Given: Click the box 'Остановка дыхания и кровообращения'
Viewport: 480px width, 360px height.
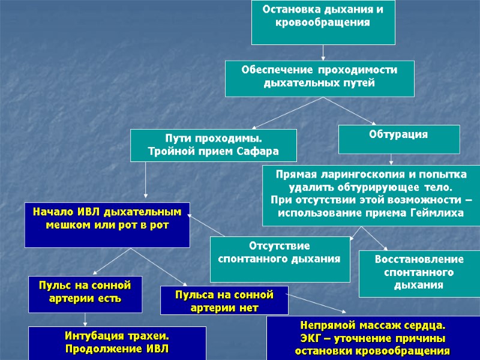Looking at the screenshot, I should (x=323, y=22).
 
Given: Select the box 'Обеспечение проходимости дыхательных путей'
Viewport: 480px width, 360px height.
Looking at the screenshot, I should (x=319, y=78).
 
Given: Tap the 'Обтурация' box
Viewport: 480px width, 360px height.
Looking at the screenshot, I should (x=399, y=139).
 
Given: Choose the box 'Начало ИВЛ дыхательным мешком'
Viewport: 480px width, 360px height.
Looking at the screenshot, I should (x=107, y=224).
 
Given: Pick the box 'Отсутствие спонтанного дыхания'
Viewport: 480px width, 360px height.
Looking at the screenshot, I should (x=280, y=259).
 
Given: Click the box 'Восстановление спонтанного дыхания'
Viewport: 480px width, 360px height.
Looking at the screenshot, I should (x=419, y=274).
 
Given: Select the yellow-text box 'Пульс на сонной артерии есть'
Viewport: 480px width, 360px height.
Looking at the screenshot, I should (x=85, y=294).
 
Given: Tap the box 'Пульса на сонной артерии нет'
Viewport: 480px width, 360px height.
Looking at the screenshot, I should (x=224, y=300).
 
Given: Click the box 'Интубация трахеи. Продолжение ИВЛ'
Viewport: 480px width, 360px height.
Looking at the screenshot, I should (x=118, y=343).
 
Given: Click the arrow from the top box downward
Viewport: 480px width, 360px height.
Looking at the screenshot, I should (x=323, y=53).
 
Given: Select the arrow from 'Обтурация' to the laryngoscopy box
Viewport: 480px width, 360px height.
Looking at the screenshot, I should (x=391, y=160).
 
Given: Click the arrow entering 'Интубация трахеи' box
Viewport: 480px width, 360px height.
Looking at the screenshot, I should (x=85, y=320).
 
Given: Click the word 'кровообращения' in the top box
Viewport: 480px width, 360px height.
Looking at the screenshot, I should (x=323, y=23).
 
